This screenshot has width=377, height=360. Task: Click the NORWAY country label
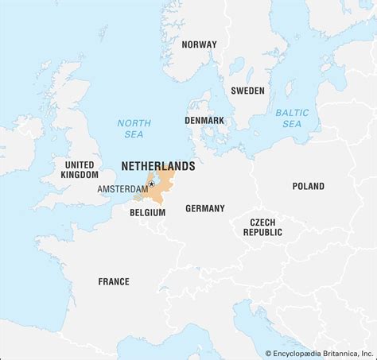pos(198,45)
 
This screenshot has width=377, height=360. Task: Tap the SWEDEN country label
pos(247,91)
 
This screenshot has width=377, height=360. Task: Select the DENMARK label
pos(204,120)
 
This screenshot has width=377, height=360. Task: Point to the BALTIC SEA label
pos(292,118)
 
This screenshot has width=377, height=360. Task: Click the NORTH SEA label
pos(134,129)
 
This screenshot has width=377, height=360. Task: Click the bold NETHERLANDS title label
pos(157,166)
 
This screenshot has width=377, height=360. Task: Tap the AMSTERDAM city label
pos(122,189)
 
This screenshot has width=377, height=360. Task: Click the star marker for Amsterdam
pos(151,184)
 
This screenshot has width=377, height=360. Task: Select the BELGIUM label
pos(147,213)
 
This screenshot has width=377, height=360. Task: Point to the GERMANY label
pos(204,208)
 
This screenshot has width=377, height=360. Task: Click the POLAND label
pos(308,187)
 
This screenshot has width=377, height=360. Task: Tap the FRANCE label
pos(113,281)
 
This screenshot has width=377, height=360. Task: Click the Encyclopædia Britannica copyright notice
pos(317,353)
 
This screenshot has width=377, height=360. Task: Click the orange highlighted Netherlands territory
pos(165,181)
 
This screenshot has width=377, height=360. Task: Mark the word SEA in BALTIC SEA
pos(292,124)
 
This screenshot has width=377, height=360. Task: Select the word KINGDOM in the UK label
pos(80,175)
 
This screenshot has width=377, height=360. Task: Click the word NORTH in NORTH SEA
pos(134,123)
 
